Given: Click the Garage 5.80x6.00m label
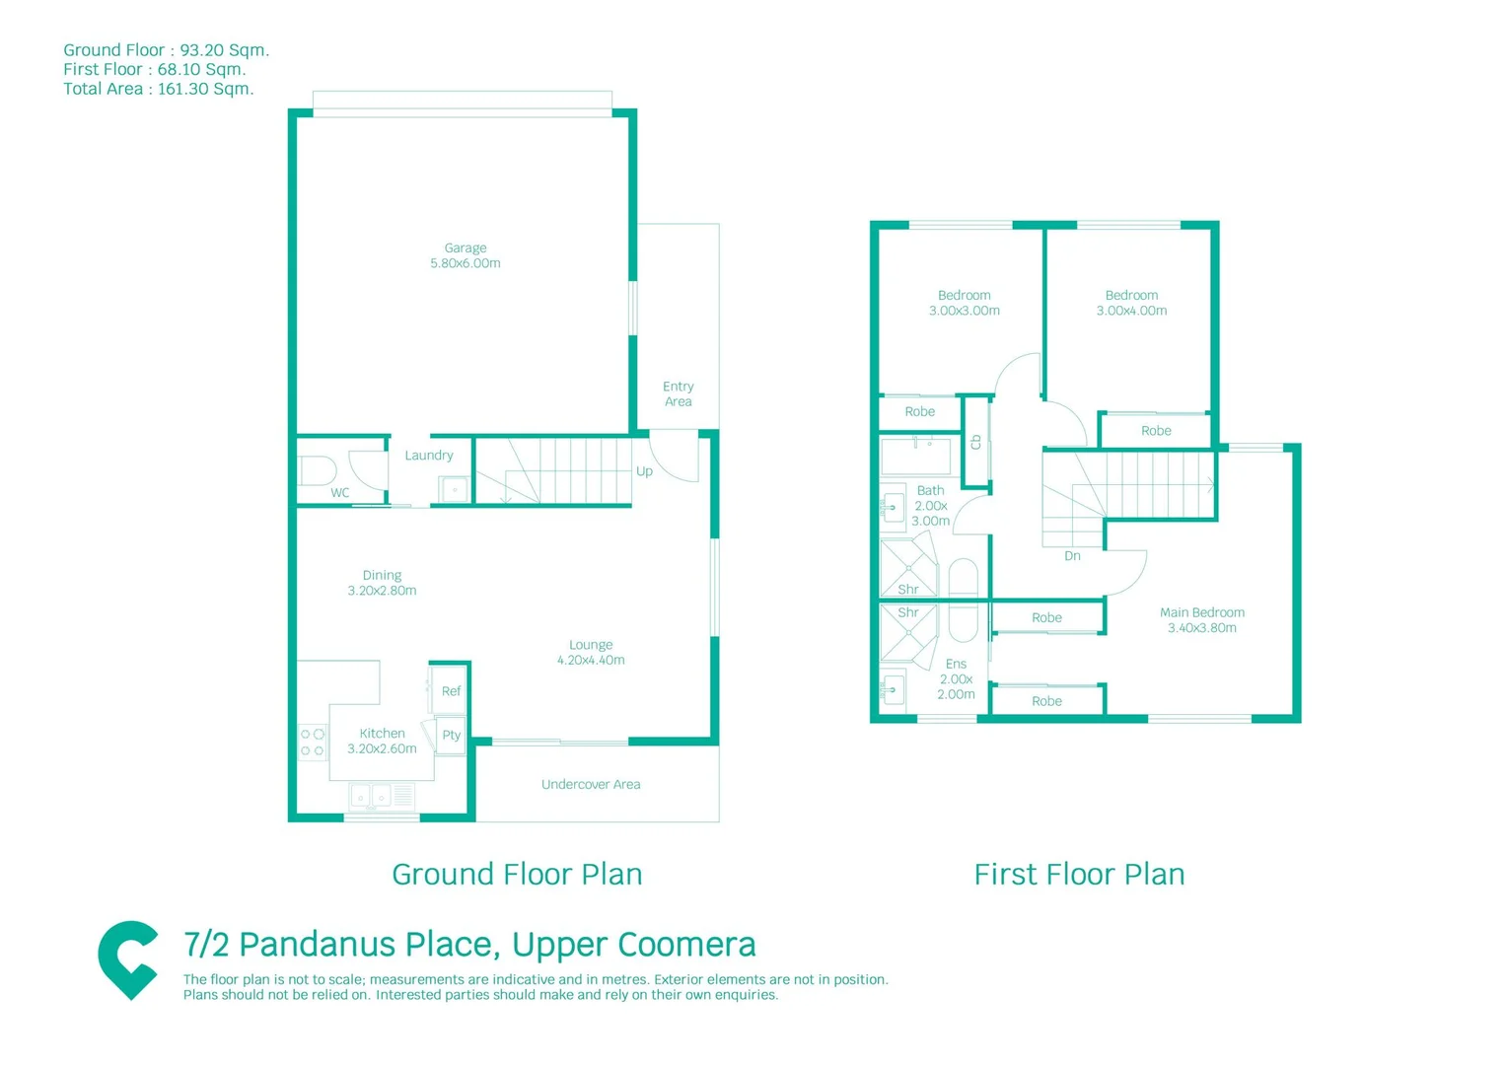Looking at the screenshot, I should pos(465,255).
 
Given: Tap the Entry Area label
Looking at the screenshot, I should pos(678,393).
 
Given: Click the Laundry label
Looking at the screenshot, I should pos(429,456).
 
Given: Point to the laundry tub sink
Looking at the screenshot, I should pos(454,488).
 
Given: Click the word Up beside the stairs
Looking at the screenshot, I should pos(644,471).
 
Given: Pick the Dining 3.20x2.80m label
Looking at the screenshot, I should pos(382,583).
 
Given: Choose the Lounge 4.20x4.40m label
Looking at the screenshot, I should pos(591,652).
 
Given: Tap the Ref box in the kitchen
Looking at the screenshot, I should pos(451,690).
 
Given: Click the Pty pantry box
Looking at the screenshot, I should pos(451,735).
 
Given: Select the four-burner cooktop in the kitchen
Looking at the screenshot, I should pos(313,743).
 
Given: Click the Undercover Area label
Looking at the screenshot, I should pos(591,785).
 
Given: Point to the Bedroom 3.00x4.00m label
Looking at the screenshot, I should pos(1131,303).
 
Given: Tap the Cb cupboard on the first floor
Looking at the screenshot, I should pos(975,442).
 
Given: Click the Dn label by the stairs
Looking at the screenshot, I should pos(1072,556).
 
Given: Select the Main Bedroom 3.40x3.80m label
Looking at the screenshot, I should pos(1201,619).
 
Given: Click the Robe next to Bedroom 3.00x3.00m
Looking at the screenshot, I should pos(919,412).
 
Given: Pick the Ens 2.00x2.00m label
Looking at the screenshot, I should pos(956,678).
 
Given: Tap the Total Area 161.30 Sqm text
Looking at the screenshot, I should pos(159,89).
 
